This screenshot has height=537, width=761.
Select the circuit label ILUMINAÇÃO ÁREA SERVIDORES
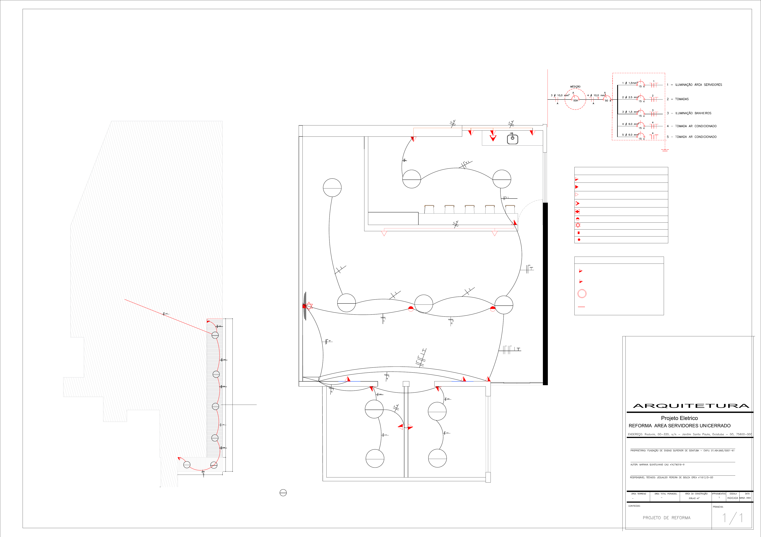(x=698, y=85)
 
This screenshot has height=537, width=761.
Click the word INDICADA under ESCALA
(x=732, y=498)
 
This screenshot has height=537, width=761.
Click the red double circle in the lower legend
(x=582, y=294)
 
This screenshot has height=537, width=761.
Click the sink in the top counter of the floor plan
(x=512, y=139)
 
